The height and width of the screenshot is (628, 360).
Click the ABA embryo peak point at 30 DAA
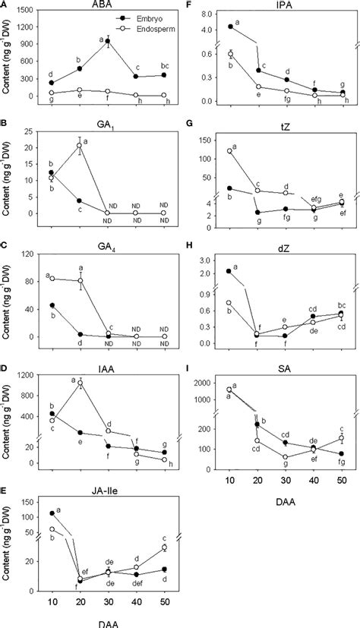108,41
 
